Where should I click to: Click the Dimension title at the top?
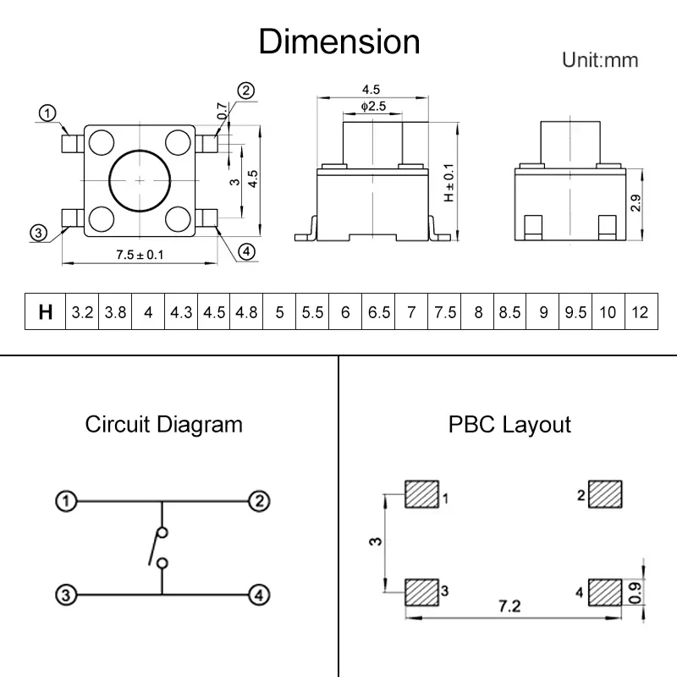(338, 41)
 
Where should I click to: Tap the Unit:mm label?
(600, 60)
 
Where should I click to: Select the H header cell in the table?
(46, 312)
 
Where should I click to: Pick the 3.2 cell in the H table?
(82, 312)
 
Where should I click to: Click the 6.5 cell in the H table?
(379, 312)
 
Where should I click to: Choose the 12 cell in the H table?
(641, 312)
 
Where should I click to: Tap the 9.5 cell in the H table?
(575, 312)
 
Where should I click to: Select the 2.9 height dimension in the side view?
(636, 203)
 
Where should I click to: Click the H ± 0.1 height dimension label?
(449, 183)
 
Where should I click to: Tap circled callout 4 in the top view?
(245, 251)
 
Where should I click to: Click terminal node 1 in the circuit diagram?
(65, 501)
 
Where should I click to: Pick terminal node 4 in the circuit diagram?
(258, 595)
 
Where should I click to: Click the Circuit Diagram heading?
(163, 424)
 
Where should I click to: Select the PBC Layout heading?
(509, 424)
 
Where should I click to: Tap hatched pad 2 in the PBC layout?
(605, 493)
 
